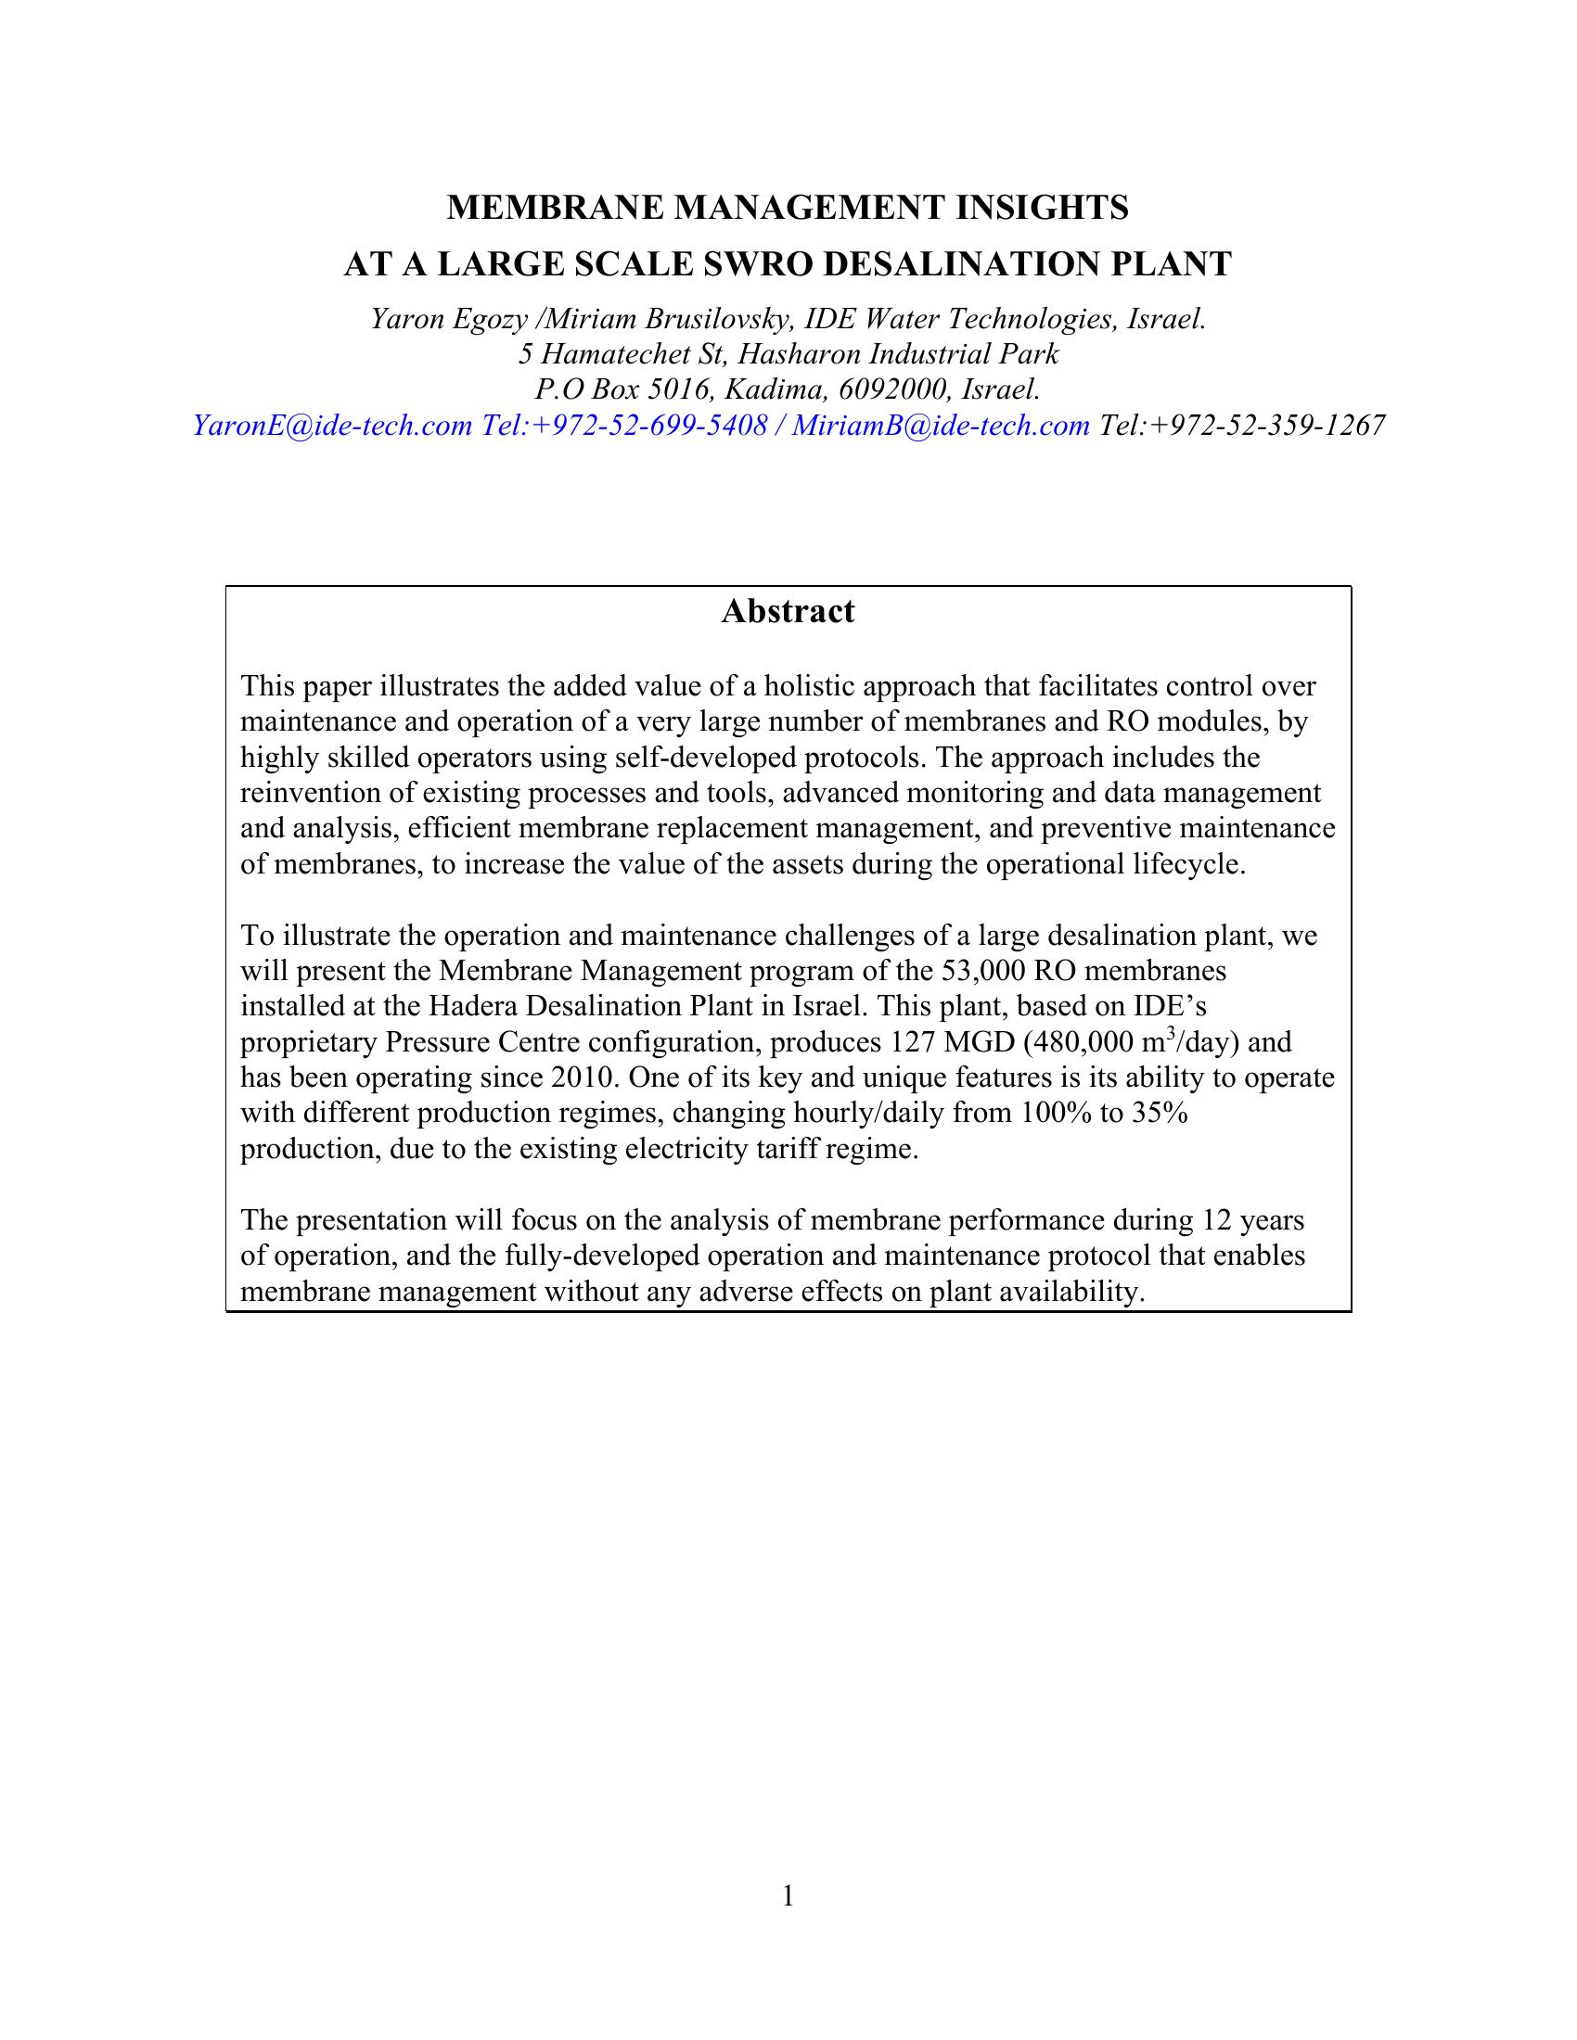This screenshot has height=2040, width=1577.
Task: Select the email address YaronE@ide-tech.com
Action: (x=333, y=426)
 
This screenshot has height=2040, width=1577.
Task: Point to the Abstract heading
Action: (x=788, y=611)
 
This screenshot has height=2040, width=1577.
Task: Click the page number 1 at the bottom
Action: (x=788, y=1897)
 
